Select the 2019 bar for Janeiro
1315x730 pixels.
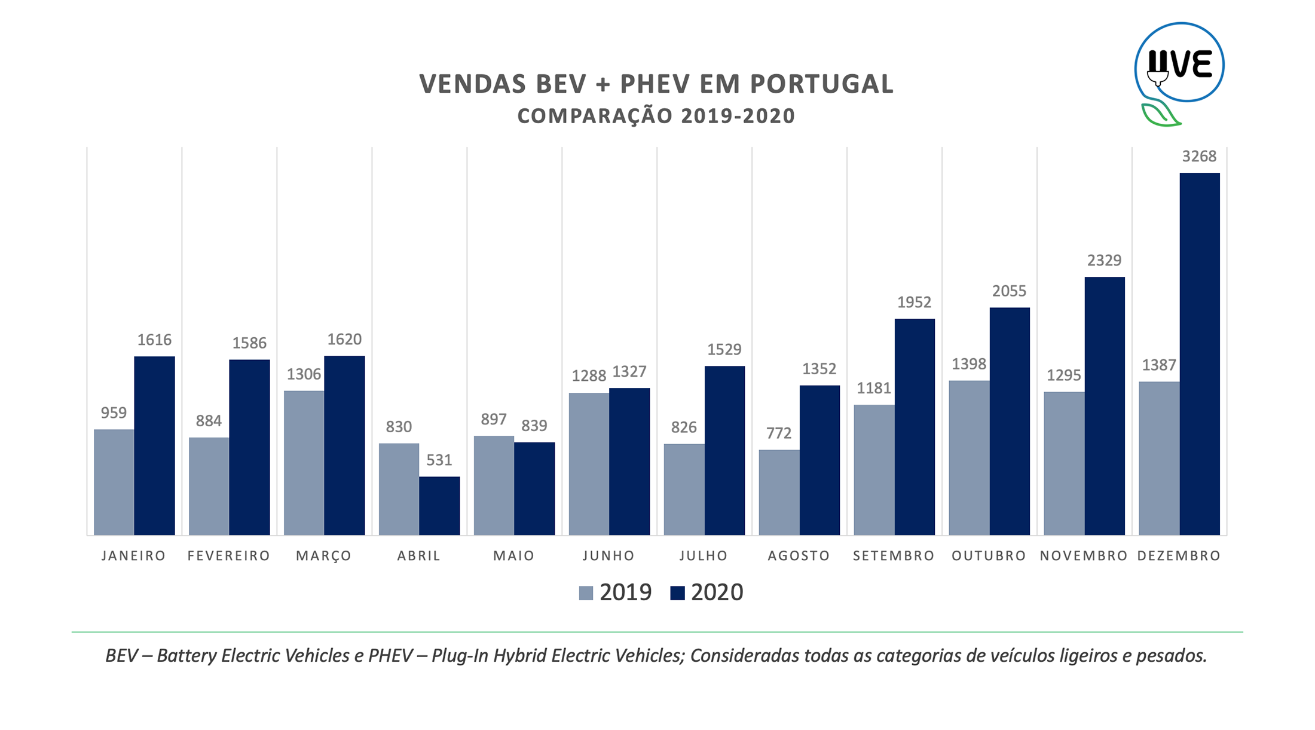114,482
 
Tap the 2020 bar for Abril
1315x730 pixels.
439,506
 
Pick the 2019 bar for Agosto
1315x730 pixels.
779,492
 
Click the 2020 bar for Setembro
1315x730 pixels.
915,427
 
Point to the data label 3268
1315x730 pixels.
1199,157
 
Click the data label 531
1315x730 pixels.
439,460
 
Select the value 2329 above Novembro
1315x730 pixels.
1104,261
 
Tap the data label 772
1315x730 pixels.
779,433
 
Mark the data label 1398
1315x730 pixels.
969,364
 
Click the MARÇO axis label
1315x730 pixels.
324,556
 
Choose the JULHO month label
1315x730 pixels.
704,556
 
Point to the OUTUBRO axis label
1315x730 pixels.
989,556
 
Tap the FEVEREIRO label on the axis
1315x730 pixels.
229,556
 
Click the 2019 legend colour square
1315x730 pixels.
586,593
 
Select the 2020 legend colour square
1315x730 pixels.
677,593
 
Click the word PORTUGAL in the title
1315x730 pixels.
821,84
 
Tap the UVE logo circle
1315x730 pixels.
1179,63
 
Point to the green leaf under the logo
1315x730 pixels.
1160,114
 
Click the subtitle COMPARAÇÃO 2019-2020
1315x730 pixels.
656,116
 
